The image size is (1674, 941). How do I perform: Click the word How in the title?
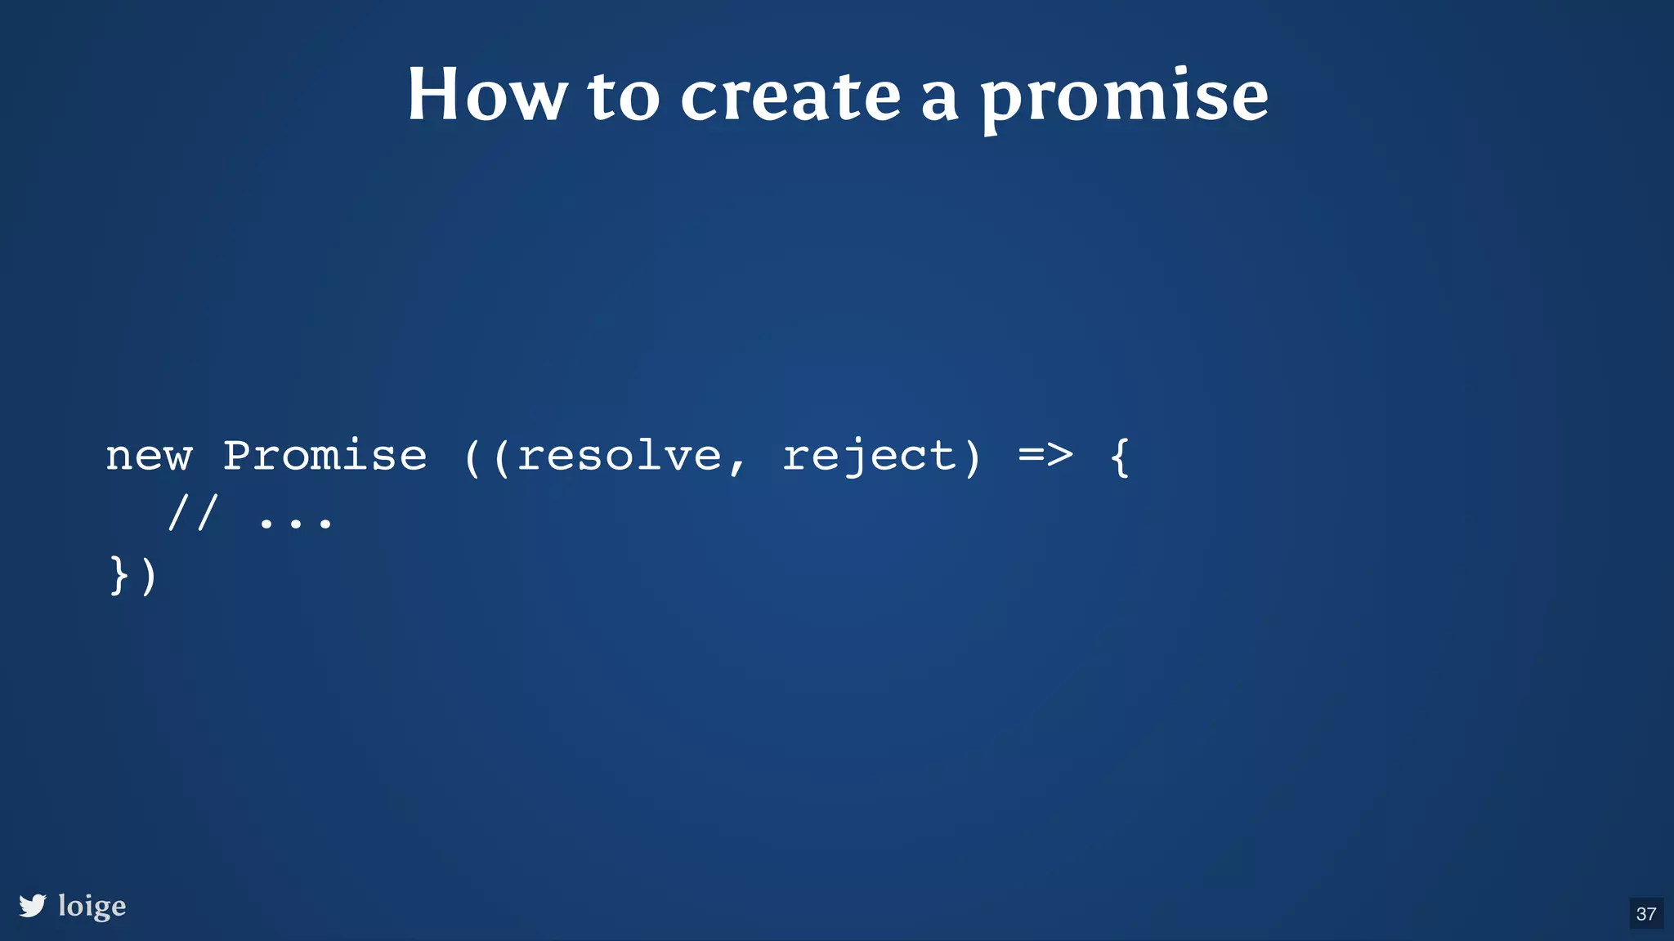click(487, 96)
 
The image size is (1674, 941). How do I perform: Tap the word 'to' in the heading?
click(624, 97)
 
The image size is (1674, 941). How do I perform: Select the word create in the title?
click(790, 97)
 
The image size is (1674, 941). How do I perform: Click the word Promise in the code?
click(325, 456)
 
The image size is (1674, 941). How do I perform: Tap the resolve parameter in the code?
click(620, 456)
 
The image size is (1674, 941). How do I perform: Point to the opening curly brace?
click(1120, 456)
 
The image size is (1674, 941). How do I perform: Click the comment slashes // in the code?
click(193, 515)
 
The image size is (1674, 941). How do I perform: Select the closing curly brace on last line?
click(119, 575)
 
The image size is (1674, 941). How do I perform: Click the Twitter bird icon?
click(33, 906)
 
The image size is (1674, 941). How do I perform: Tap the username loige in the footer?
click(92, 906)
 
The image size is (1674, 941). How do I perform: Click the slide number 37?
click(1646, 914)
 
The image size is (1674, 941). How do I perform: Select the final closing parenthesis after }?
click(149, 577)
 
